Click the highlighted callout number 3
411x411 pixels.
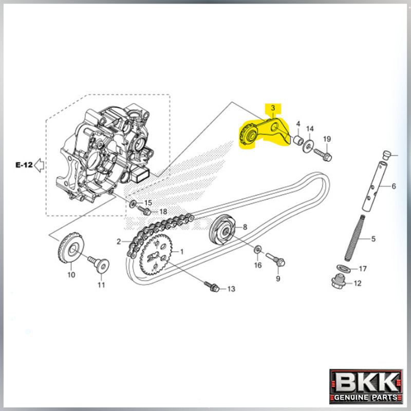[x=273, y=108]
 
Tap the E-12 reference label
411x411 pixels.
[x=24, y=165]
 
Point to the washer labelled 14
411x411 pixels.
[x=308, y=145]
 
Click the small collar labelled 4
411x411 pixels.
[x=296, y=140]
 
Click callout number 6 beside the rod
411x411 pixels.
[x=394, y=186]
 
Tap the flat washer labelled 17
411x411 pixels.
[x=341, y=269]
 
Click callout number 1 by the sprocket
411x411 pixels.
[x=181, y=252]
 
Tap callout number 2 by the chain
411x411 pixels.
[x=119, y=241]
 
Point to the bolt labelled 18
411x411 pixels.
[x=145, y=211]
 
